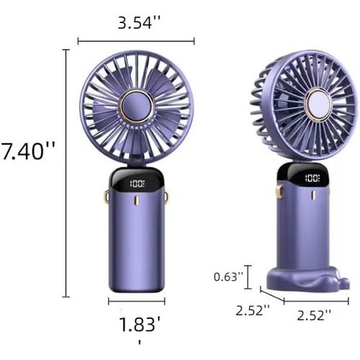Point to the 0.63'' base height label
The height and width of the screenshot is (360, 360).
228,276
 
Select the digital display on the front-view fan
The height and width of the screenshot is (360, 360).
137,184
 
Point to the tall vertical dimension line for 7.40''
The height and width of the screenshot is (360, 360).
66,173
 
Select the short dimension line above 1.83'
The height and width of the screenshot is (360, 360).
137,301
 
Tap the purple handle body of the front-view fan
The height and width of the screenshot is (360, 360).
137,238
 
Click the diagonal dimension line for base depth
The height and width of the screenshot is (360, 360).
272,296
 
